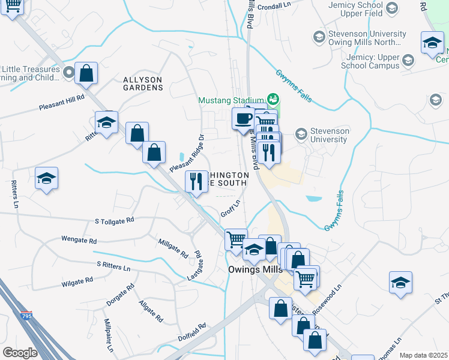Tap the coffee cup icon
(243, 118)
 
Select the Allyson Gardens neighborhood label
(143, 83)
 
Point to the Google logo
(20, 352)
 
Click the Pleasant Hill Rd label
(62, 101)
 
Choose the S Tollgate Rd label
(114, 221)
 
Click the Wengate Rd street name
(79, 239)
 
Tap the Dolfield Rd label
(192, 333)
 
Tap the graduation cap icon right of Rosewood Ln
(400, 283)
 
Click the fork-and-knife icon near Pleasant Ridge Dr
(196, 181)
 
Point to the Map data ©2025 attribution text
(423, 355)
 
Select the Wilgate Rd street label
(77, 281)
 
